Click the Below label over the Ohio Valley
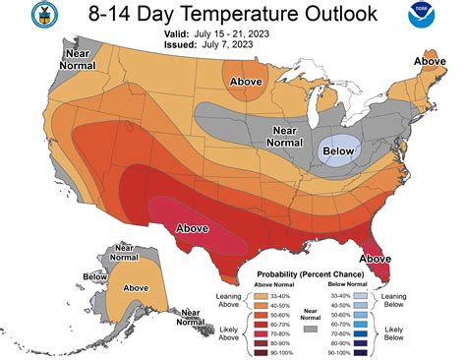pyautogui.click(x=340, y=150)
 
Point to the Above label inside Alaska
pyautogui.click(x=135, y=284)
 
